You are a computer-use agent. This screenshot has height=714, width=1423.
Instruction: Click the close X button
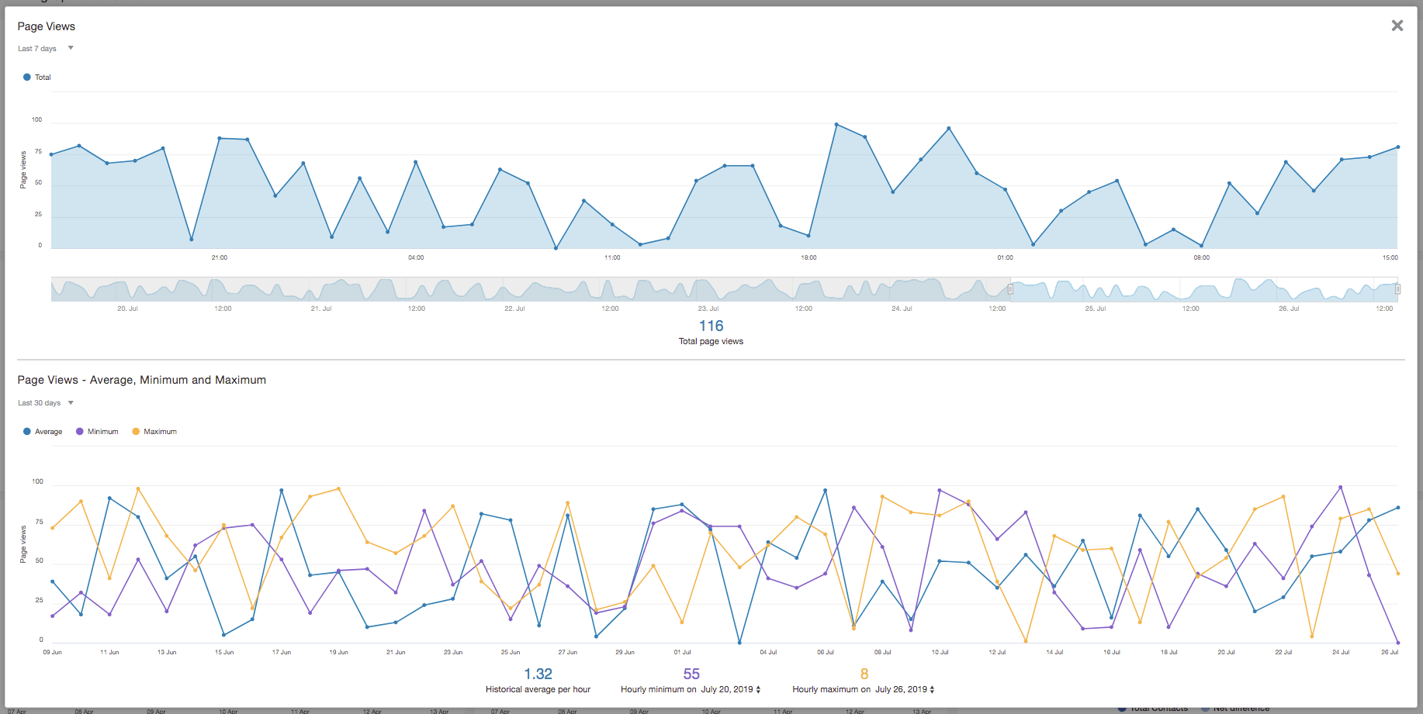click(x=1397, y=26)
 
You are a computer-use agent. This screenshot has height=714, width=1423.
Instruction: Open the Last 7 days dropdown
click(x=46, y=48)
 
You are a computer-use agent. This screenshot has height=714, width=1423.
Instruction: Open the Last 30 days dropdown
click(x=46, y=403)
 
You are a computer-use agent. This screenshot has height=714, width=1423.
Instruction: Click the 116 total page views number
click(x=711, y=326)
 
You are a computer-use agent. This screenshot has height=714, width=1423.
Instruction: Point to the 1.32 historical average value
click(x=538, y=674)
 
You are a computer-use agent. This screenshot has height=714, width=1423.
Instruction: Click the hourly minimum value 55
click(x=691, y=674)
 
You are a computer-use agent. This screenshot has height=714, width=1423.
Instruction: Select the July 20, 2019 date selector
click(x=731, y=689)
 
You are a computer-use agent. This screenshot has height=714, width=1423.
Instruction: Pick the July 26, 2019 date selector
click(x=905, y=689)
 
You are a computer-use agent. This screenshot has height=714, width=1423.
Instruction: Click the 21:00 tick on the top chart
click(x=220, y=257)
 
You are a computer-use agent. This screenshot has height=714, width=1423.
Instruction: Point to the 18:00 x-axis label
click(x=808, y=257)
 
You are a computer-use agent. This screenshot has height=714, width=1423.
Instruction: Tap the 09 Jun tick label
click(x=52, y=652)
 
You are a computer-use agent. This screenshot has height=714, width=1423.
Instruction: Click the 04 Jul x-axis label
click(x=768, y=652)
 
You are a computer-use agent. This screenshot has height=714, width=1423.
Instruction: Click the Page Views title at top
click(x=47, y=26)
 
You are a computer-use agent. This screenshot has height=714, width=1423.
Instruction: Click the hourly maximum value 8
click(x=864, y=674)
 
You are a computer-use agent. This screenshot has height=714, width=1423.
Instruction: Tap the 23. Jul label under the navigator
click(x=708, y=309)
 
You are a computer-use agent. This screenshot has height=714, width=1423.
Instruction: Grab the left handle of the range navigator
click(x=1010, y=289)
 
